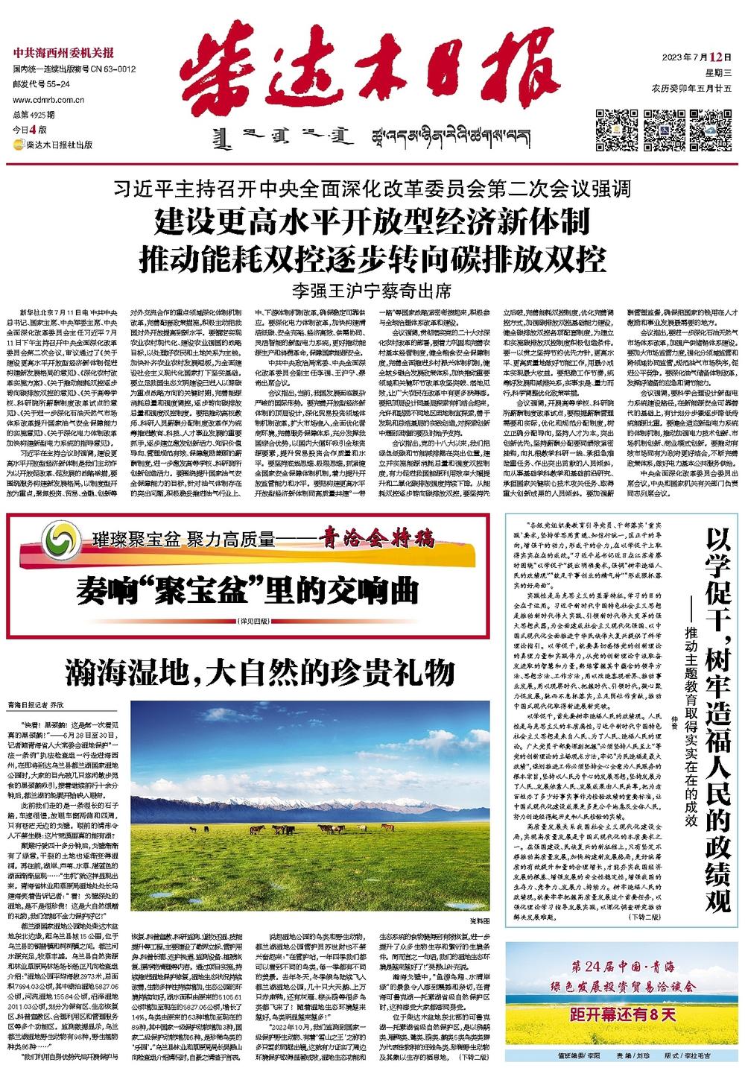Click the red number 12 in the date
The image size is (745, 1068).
pyautogui.click(x=717, y=57)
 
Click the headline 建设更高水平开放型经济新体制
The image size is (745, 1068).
pyautogui.click(x=372, y=221)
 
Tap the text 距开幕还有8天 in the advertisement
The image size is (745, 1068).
pyautogui.click(x=621, y=1014)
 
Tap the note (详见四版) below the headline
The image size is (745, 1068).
pyautogui.click(x=253, y=619)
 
